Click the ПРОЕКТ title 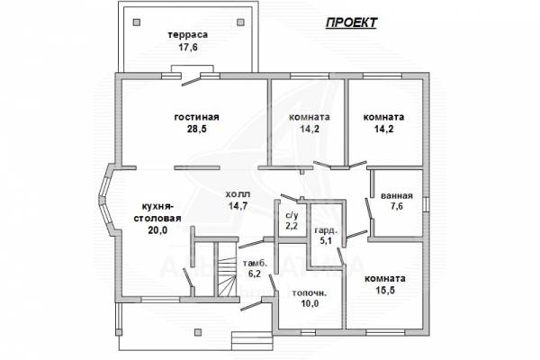click(351, 22)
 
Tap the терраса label click(188, 35)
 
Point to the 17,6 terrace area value click(188, 47)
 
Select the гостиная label click(196, 117)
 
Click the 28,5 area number click(196, 129)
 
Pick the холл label click(238, 194)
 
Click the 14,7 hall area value click(238, 206)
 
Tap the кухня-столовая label click(157, 212)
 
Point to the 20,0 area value click(157, 229)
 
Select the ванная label click(397, 195)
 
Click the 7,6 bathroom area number click(397, 206)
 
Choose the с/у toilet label click(292, 215)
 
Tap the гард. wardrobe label click(326, 230)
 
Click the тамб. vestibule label click(256, 264)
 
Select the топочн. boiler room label click(310, 293)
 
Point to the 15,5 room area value click(385, 291)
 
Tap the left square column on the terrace click(137, 22)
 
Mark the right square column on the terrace click(240, 22)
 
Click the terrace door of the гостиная click(191, 80)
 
